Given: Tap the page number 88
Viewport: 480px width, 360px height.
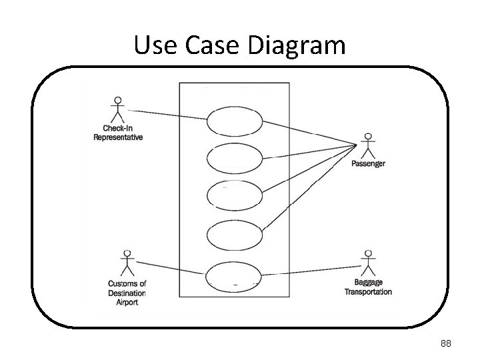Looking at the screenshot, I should pyautogui.click(x=446, y=343).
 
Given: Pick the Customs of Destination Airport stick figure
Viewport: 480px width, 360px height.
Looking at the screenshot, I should pyautogui.click(x=127, y=263).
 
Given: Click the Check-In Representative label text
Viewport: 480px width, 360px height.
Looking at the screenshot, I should pyautogui.click(x=118, y=133).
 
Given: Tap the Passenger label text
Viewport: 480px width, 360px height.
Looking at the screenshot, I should pyautogui.click(x=368, y=164).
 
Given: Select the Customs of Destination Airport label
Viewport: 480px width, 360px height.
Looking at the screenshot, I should pyautogui.click(x=127, y=293).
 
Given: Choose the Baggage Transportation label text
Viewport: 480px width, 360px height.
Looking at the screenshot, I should pyautogui.click(x=368, y=287).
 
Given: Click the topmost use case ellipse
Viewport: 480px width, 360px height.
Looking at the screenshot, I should pyautogui.click(x=234, y=122).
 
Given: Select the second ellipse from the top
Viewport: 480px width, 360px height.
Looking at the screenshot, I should pyautogui.click(x=234, y=158).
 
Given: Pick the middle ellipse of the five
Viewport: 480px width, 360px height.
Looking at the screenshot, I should pyautogui.click(x=234, y=194).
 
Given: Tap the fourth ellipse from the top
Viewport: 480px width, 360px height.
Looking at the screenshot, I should pyautogui.click(x=234, y=235).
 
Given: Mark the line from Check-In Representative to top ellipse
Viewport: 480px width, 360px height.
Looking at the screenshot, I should pyautogui.click(x=167, y=115).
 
